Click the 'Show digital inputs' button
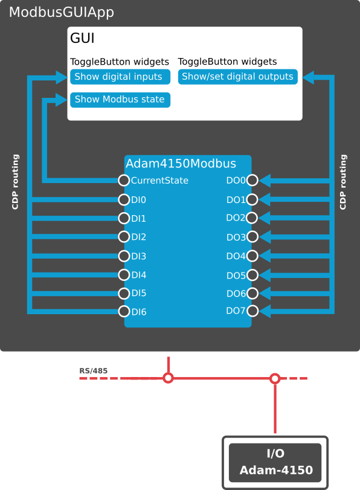[x=120, y=77]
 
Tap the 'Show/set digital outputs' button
[x=237, y=77]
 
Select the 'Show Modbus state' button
[x=120, y=100]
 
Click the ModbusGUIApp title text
[x=61, y=13]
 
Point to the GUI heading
[x=82, y=38]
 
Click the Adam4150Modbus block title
[x=181, y=164]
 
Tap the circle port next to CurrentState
[x=124, y=180]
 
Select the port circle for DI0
[x=124, y=200]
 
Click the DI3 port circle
[x=124, y=256]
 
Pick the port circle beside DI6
[x=124, y=311]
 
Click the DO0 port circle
[x=252, y=180]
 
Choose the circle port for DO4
[x=252, y=256]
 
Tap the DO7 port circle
[x=252, y=311]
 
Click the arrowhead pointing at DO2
[x=265, y=218]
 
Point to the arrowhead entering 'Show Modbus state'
[x=61, y=100]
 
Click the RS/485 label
[x=93, y=371]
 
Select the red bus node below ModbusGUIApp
[x=168, y=378]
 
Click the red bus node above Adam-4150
[x=275, y=379]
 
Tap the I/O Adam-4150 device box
[x=275, y=462]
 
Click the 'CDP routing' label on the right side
[x=343, y=182]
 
